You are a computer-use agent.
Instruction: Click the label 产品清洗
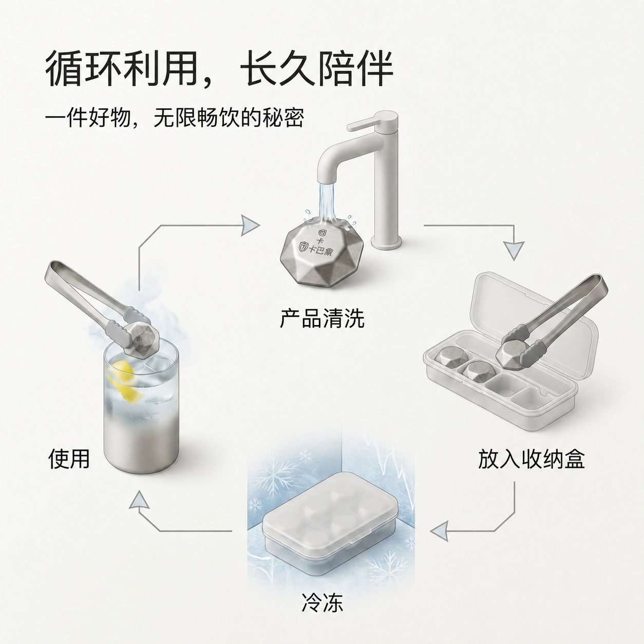(322, 318)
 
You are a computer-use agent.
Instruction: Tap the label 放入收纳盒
(531, 459)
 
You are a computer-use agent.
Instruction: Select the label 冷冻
(322, 612)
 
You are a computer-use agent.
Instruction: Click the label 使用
(69, 459)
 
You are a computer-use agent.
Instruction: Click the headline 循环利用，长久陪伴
(219, 69)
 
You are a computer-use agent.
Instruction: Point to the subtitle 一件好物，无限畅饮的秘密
(175, 117)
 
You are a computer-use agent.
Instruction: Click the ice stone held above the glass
(140, 337)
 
